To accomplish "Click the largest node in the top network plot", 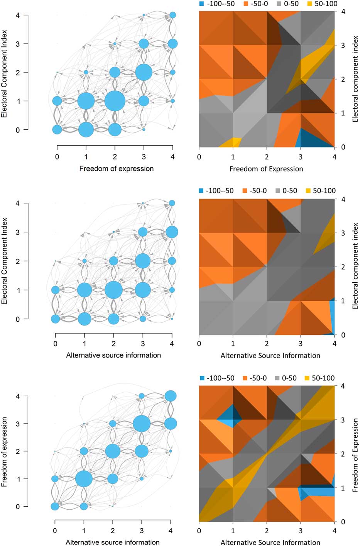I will pos(115,101).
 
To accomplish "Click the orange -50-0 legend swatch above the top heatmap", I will pos(246,4).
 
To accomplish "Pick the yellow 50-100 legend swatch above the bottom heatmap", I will pos(308,378).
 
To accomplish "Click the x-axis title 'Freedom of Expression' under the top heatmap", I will pos(266,169).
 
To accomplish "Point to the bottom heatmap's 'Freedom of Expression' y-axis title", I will pos(355,455).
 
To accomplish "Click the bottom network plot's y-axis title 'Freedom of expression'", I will pos(5,451).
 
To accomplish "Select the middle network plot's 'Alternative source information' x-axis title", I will pos(113,355).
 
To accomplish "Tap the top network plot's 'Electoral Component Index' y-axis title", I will pos(5,73).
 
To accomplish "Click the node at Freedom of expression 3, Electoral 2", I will pos(144,72).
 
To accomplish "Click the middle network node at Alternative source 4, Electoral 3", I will pos(172,232).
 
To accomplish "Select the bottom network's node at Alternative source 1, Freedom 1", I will pos(84,479).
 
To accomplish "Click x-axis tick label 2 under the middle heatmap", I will pos(267,343).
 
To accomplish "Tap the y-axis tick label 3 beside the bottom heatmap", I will pos(342,420).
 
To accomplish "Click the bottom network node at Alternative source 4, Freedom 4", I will pos(171,396).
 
